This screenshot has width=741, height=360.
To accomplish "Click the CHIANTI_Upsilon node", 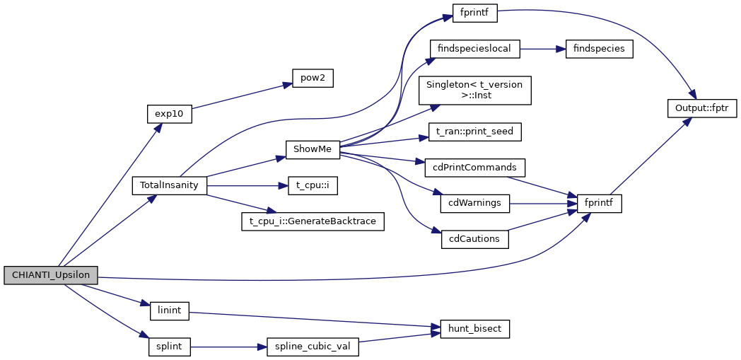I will pos(50,275).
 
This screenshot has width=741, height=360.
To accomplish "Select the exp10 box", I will pos(169,113).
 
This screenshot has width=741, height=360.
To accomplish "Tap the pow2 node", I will pos(313,78).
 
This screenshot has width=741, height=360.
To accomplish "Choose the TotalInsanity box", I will pos(170,185).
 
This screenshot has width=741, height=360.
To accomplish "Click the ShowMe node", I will pos(313,149).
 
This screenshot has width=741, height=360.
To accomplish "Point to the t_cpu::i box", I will pos(313,185).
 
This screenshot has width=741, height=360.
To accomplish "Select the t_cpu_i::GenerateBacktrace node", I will pos(313,221).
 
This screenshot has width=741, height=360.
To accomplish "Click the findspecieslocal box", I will pos(474,49).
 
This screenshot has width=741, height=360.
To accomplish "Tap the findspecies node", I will pos(593,49).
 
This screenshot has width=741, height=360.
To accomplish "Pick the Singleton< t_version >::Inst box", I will pos(474,90).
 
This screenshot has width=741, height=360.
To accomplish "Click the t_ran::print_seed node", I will pos(474,131).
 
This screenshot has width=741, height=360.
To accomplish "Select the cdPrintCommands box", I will pos(474,167).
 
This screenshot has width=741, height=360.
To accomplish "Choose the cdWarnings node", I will pos(474,203).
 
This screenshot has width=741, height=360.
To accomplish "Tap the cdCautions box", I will pos(474,238).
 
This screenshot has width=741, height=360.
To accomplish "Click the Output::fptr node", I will pos(702,108).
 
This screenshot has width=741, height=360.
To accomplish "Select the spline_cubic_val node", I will pos(313,347).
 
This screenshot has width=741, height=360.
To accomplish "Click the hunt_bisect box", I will pos(474,329).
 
